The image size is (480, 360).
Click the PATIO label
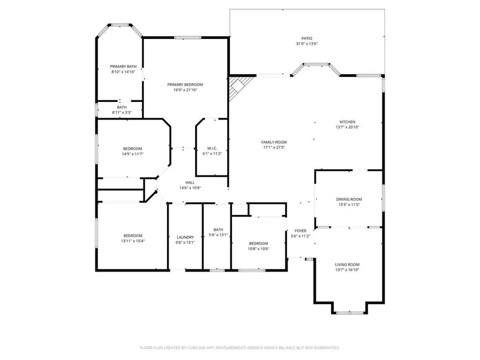click(307, 38)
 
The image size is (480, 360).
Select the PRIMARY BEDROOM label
click(185, 84)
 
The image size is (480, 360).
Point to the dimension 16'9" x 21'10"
click(185, 90)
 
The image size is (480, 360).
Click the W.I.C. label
click(212, 148)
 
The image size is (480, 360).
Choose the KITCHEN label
click(347, 122)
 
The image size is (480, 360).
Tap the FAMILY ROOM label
click(274, 142)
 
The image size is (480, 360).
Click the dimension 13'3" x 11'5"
click(349, 205)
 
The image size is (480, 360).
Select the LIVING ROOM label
click(347, 265)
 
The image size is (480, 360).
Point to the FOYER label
click(301, 231)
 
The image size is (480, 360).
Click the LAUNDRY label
click(185, 237)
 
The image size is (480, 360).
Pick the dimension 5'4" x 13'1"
click(218, 235)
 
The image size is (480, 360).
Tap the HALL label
click(190, 182)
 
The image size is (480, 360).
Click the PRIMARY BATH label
click(123, 67)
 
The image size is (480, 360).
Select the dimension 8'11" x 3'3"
click(122, 113)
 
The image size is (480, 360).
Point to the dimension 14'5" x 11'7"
click(133, 154)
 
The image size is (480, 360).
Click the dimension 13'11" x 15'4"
click(133, 241)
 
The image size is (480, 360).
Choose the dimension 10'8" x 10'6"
click(258, 249)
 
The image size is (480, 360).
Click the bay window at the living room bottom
click(349, 313)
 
